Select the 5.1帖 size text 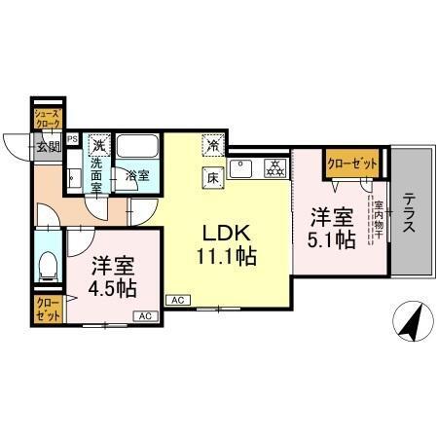332,238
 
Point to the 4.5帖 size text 113,289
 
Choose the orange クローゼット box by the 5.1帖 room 351,164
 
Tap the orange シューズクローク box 48,119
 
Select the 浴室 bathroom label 136,175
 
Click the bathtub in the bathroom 137,148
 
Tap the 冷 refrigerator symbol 212,144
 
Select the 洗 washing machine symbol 97,144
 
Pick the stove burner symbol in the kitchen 274,166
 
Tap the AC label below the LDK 178,300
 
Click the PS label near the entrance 70,138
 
